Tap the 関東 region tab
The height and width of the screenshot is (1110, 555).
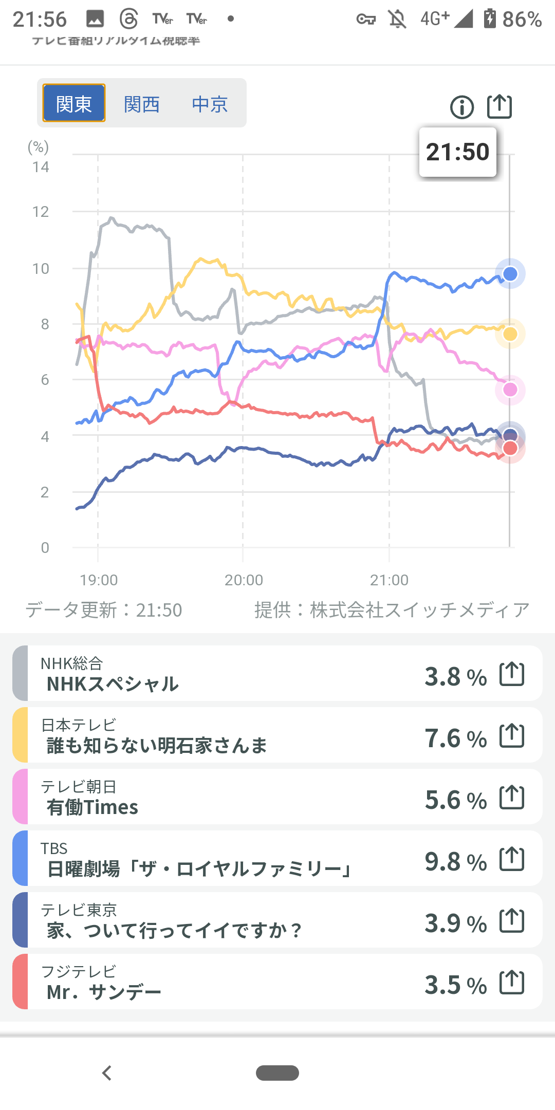tap(74, 103)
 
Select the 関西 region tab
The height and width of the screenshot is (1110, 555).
tap(142, 104)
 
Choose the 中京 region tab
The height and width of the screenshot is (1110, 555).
tap(210, 104)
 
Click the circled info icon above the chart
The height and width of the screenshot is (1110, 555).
tap(461, 107)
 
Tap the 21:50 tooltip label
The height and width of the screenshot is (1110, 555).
tap(457, 152)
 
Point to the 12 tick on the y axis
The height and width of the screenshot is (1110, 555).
tap(41, 212)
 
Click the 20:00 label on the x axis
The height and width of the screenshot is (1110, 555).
tap(244, 580)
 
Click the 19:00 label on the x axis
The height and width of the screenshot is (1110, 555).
tap(99, 580)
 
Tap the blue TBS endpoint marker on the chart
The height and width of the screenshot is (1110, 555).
tap(510, 274)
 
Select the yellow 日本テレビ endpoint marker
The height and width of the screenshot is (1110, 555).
tap(510, 334)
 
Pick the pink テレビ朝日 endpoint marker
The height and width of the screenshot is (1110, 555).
tap(510, 390)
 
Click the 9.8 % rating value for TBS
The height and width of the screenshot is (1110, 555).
tap(455, 862)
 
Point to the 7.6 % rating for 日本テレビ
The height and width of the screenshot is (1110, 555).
tap(455, 738)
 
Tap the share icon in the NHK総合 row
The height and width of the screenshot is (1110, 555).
tap(512, 674)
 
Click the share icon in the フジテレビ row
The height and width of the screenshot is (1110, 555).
tap(512, 982)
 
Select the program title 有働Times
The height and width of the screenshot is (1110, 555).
tap(92, 807)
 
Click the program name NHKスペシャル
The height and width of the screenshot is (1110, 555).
tap(113, 684)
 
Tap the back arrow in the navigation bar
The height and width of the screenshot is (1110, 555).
tap(107, 1073)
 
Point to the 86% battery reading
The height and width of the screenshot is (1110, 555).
tap(522, 20)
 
